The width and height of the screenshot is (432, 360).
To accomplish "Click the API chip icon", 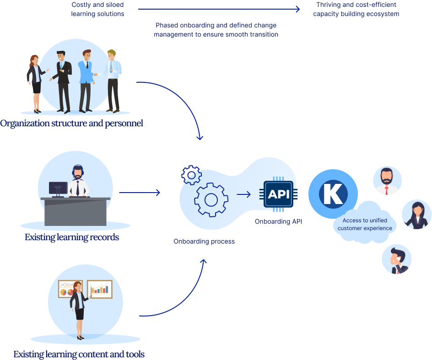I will (x=278, y=194).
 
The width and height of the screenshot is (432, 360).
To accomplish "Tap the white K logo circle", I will (x=333, y=193).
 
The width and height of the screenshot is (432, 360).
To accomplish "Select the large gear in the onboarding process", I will (x=211, y=199).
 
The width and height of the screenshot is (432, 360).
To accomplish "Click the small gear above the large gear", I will (x=191, y=174).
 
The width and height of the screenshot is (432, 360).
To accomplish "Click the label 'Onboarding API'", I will (x=278, y=222).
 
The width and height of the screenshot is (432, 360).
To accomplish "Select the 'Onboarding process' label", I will (x=204, y=242).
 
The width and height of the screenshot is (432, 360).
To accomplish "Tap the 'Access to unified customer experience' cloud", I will (x=365, y=225).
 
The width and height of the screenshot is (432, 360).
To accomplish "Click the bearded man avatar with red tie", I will (x=387, y=181).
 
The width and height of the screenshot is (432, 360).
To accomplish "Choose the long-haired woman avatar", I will (x=416, y=215).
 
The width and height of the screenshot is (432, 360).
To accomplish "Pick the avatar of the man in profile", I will (x=396, y=260).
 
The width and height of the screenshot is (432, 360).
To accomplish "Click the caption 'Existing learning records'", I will (x=72, y=237).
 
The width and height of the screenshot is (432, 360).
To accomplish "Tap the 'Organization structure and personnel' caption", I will (x=71, y=124).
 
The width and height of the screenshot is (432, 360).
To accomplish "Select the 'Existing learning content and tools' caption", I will (x=79, y=355).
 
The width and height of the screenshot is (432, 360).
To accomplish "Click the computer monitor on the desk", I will (x=58, y=188).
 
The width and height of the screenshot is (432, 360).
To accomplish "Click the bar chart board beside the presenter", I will (x=99, y=289).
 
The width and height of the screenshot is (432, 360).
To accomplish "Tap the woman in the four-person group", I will (x=35, y=83).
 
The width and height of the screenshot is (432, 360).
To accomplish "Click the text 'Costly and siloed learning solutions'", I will (x=97, y=9).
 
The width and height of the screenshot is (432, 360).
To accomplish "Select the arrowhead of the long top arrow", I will (x=298, y=9).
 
